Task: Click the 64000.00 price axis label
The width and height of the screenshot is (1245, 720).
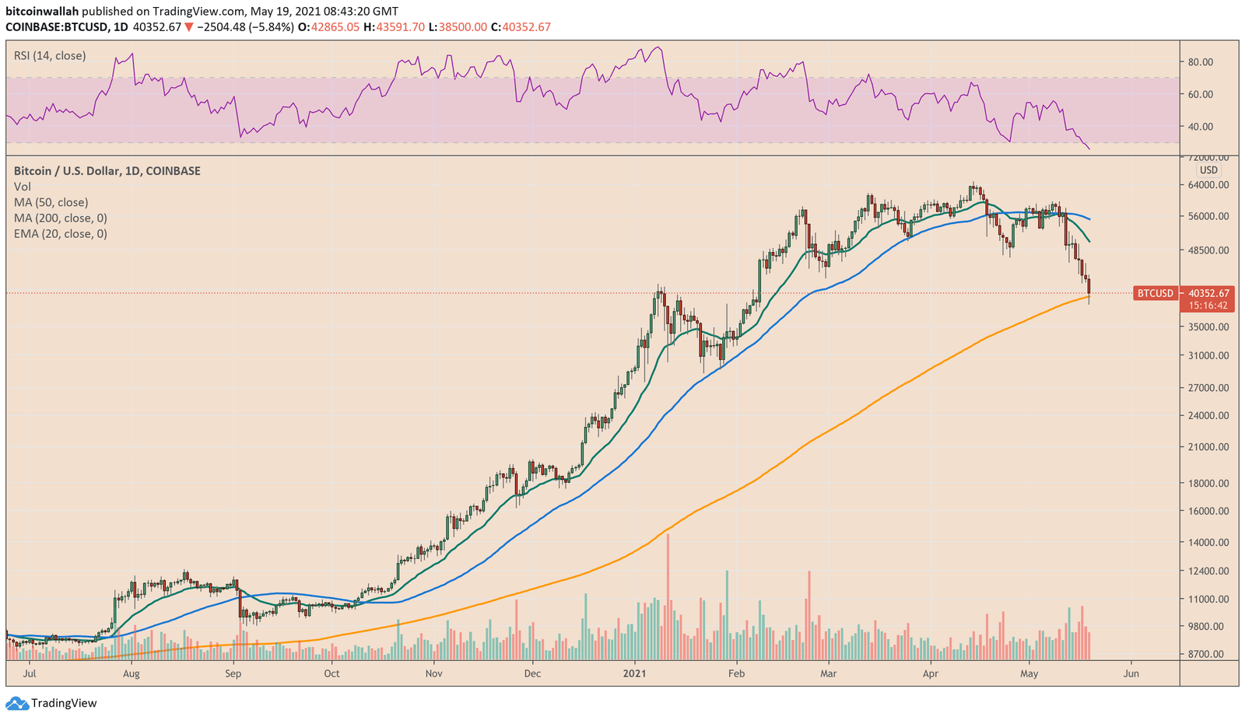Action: (x=1208, y=185)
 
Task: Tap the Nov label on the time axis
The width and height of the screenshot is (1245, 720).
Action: (x=434, y=673)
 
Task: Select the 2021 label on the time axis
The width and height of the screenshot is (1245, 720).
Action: (x=635, y=673)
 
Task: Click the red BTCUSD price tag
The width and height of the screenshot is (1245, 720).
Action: (x=1155, y=293)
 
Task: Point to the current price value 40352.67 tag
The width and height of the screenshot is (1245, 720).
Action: (x=1208, y=293)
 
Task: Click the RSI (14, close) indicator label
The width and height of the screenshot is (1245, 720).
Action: (x=50, y=56)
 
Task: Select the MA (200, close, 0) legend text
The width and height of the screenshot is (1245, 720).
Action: (x=60, y=218)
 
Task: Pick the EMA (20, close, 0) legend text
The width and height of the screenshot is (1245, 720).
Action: (x=60, y=234)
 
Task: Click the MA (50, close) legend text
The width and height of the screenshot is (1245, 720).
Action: (x=51, y=203)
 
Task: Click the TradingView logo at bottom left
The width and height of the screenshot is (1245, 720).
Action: (x=52, y=703)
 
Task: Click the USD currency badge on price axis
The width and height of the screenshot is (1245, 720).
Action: (x=1208, y=170)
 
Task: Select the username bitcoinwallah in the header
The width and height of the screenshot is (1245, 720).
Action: (x=42, y=12)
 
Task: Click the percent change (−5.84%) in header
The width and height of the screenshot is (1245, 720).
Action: (x=272, y=27)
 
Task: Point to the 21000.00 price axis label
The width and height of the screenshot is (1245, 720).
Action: (x=1208, y=447)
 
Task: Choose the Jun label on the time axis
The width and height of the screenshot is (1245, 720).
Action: (x=1131, y=673)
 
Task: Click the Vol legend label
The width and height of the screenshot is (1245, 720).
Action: (x=23, y=187)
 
